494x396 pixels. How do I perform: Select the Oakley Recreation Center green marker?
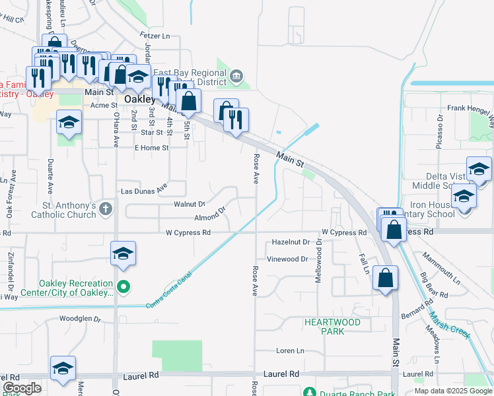pyautogui.click(x=123, y=286)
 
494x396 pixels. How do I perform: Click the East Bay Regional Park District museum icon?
pyautogui.click(x=236, y=77)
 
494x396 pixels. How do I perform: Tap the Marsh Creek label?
pyautogui.click(x=449, y=325)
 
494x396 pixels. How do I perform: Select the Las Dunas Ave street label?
pyautogui.click(x=143, y=191)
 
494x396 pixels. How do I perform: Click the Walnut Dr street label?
pyautogui.click(x=190, y=205)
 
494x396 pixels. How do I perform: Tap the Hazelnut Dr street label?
pyautogui.click(x=291, y=243)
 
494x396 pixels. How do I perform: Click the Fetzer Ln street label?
pyautogui.click(x=155, y=34)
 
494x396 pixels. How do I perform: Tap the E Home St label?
pyautogui.click(x=151, y=148)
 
